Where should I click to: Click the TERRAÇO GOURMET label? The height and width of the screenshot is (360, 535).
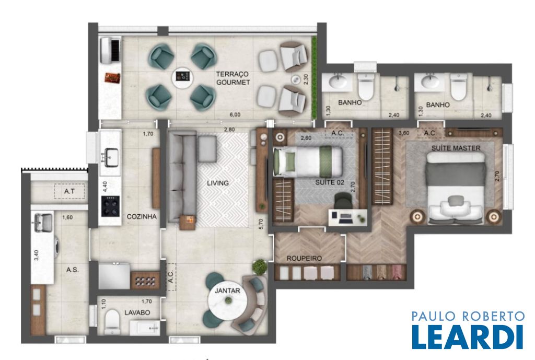pyautogui.click(x=233, y=78)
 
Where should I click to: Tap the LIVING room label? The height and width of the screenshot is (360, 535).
pyautogui.click(x=218, y=183)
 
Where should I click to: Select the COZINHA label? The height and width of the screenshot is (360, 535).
pyautogui.click(x=142, y=216)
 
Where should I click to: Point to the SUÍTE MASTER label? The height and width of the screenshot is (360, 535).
pyautogui.click(x=456, y=148)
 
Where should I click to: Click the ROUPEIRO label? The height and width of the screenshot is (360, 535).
pyautogui.click(x=304, y=258)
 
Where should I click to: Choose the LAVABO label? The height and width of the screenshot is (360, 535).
pyautogui.click(x=137, y=312)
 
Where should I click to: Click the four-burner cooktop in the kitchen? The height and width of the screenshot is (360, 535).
pyautogui.click(x=111, y=206)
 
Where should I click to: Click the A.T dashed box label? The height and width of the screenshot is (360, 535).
pyautogui.click(x=69, y=191)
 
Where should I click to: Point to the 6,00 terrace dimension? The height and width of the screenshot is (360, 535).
pyautogui.click(x=235, y=114)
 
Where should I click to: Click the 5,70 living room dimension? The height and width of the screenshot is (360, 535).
pyautogui.click(x=261, y=224)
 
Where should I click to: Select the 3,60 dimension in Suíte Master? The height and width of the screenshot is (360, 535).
pyautogui.click(x=404, y=133)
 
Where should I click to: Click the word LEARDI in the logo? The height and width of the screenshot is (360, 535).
pyautogui.click(x=468, y=336)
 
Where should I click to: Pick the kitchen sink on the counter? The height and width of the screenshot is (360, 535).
pyautogui.click(x=111, y=157)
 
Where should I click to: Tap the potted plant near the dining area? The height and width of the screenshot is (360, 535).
pyautogui.click(x=260, y=266)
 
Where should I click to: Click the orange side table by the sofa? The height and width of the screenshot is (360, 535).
pyautogui.click(x=188, y=223)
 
